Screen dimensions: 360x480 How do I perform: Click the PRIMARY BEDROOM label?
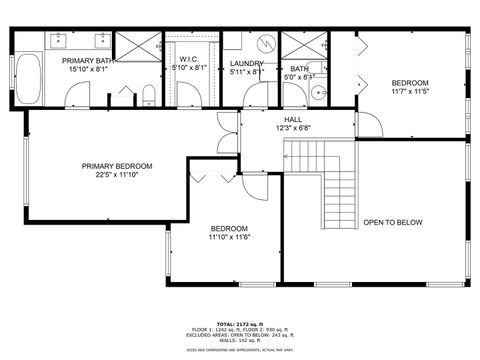click(x=117, y=166)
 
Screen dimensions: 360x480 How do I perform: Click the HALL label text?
click(x=293, y=119)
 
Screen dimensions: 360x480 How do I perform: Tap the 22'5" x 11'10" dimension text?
click(x=117, y=176)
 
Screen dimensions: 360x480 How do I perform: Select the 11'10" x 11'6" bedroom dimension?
click(x=229, y=237)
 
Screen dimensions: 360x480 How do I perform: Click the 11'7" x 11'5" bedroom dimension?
click(x=409, y=92)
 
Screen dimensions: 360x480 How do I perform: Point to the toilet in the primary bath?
click(x=148, y=95)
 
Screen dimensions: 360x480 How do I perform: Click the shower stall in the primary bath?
click(x=136, y=47)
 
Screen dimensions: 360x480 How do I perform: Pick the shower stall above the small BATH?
click(x=300, y=47)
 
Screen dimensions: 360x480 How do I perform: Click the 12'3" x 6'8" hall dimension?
click(x=293, y=128)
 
